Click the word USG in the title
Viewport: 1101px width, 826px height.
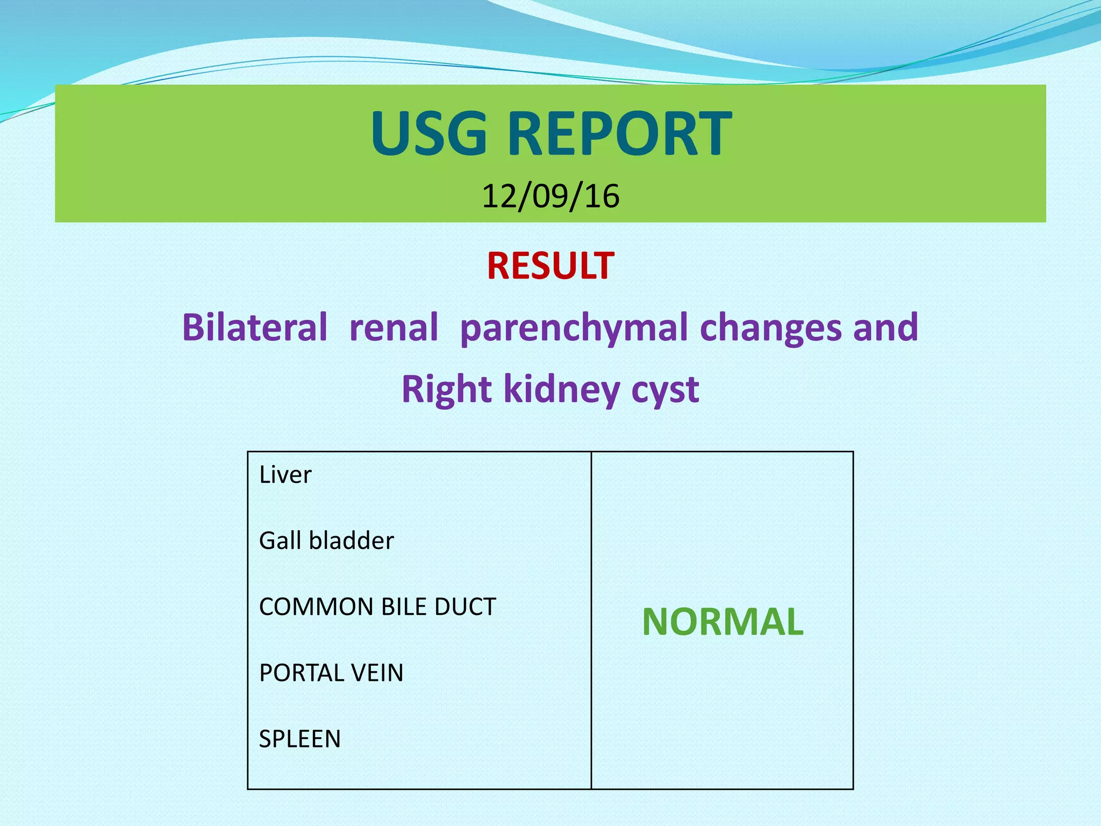428,133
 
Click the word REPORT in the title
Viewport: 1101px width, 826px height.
619,133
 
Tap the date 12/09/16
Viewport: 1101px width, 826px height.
550,196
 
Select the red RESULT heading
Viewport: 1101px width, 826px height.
550,266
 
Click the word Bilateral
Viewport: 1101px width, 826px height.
254,327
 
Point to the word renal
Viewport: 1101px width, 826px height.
394,327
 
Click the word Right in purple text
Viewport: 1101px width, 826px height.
446,389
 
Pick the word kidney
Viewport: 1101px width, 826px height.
562,389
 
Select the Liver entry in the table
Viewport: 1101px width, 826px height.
285,475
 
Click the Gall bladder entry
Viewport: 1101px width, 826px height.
326,540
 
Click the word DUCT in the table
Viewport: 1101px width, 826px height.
465,607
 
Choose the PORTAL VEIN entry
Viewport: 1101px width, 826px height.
331,673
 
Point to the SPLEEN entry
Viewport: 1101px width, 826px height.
299,739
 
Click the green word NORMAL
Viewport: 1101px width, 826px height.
723,622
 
